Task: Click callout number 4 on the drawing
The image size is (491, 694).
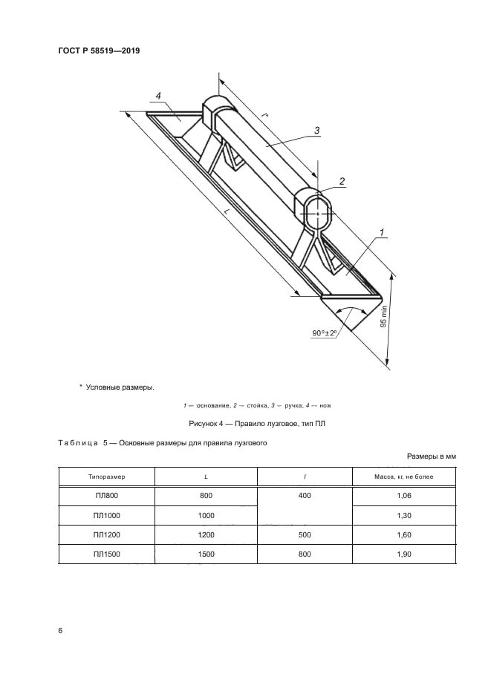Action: (x=159, y=96)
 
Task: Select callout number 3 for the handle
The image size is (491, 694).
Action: (x=316, y=131)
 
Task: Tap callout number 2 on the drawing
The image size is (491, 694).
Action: (x=341, y=180)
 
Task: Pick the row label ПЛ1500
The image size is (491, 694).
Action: (x=105, y=554)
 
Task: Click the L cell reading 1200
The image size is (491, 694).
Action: (x=206, y=534)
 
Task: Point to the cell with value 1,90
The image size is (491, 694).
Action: (x=403, y=554)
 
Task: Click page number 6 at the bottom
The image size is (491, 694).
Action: (x=60, y=630)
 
